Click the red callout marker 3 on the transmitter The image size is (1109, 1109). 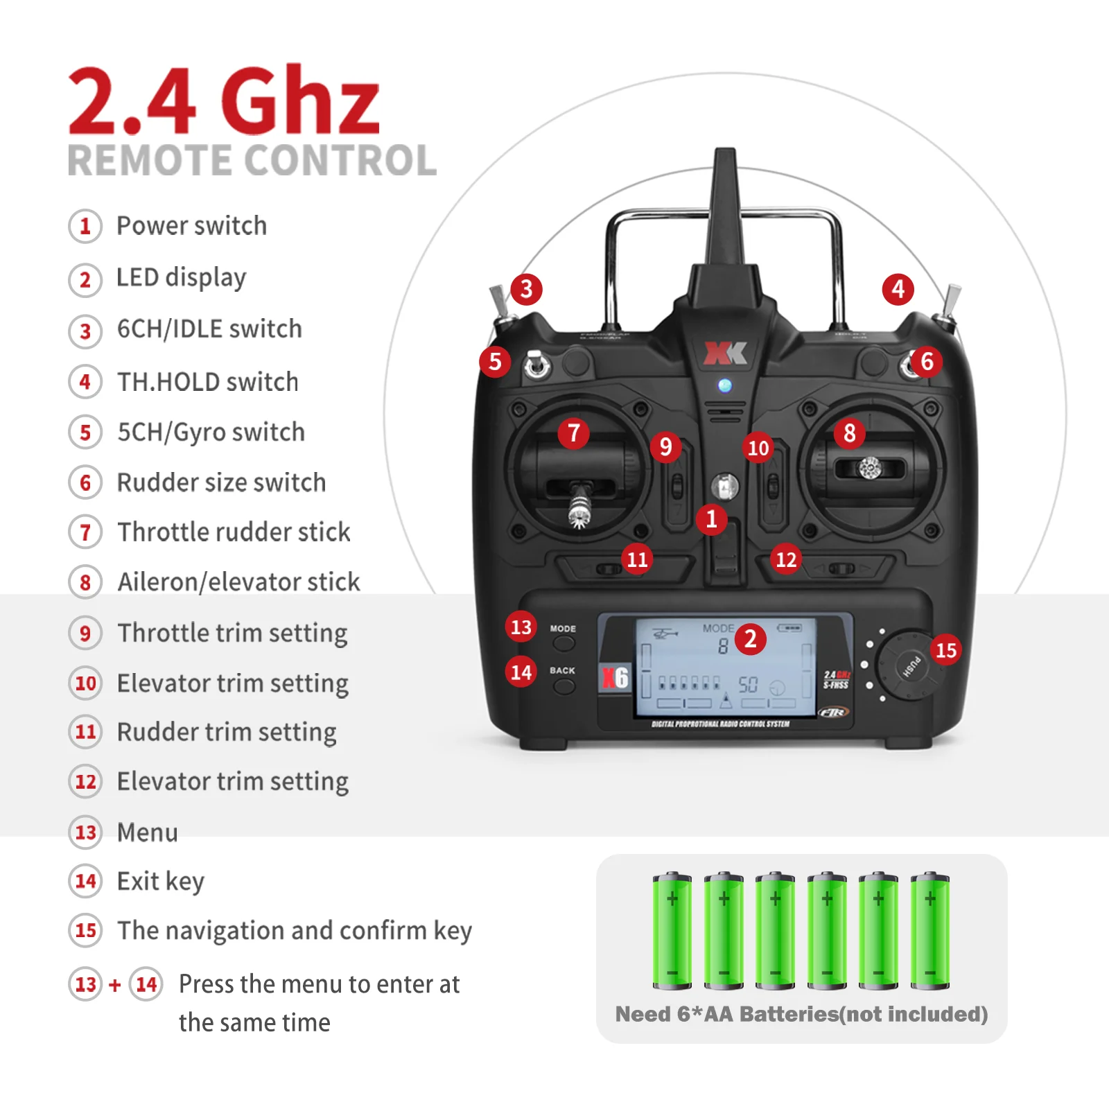click(526, 289)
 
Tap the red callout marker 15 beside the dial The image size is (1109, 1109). click(946, 650)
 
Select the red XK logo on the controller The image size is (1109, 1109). click(725, 353)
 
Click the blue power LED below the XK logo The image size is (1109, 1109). click(725, 385)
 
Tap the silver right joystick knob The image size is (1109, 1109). click(870, 469)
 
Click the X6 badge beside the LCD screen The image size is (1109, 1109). click(615, 677)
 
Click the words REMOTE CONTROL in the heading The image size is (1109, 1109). click(252, 161)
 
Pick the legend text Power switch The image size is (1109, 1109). click(191, 226)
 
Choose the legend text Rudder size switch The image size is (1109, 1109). click(221, 482)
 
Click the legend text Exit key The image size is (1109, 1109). click(161, 882)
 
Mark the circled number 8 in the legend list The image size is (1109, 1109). click(85, 582)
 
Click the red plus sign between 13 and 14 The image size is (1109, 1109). click(115, 984)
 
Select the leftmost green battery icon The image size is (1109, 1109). click(672, 930)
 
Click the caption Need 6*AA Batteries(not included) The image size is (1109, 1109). click(801, 1014)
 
